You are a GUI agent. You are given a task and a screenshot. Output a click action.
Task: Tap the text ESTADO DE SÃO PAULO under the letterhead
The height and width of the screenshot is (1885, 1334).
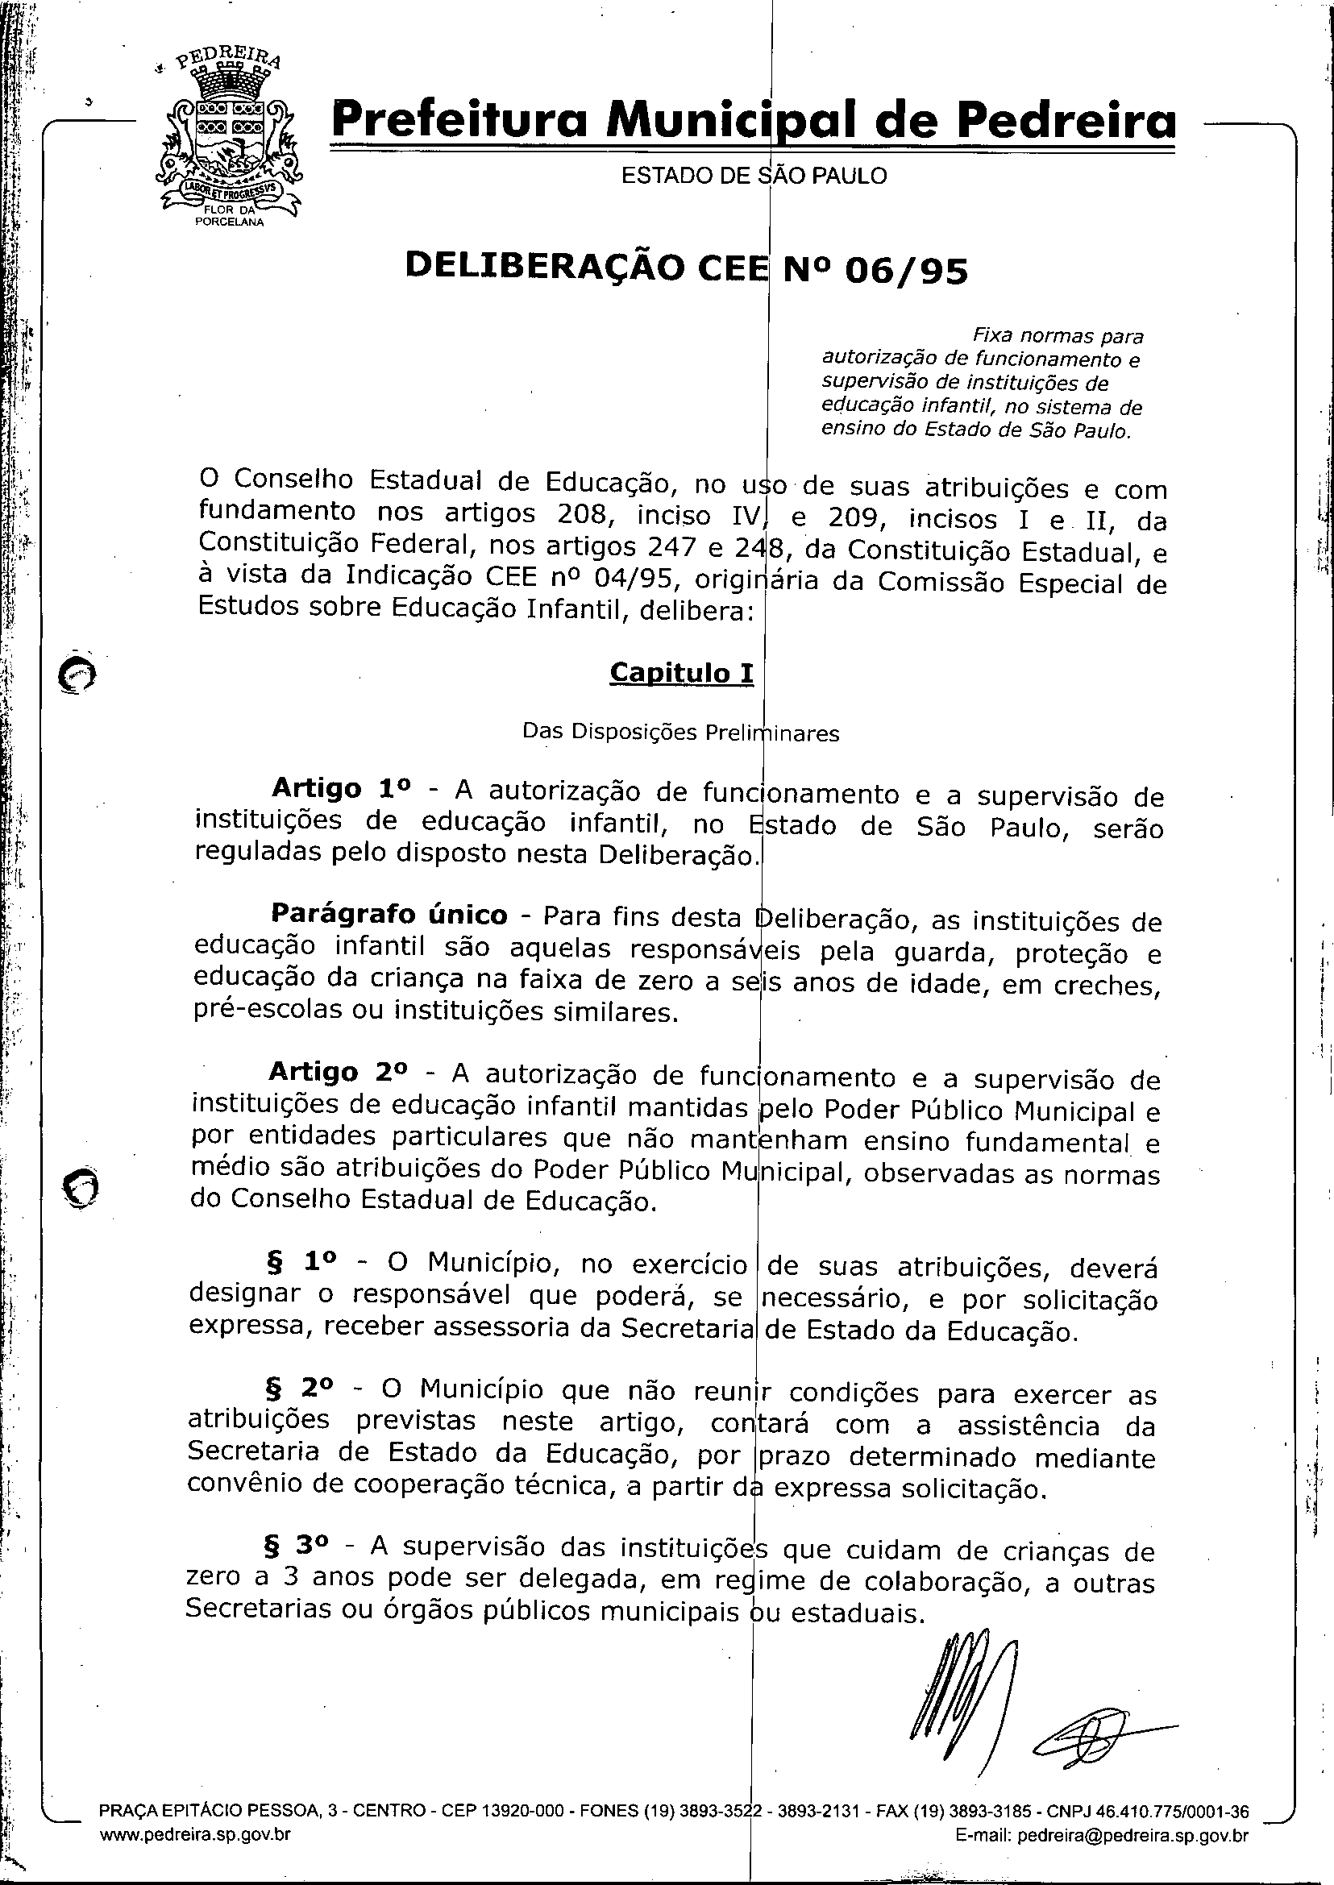click(754, 176)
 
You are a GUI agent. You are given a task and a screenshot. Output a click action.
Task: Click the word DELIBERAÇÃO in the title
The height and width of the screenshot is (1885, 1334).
click(545, 266)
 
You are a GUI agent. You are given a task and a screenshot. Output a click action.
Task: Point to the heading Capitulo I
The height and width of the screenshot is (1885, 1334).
click(681, 672)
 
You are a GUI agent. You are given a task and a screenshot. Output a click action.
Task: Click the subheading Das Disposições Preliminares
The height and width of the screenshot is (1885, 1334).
click(680, 732)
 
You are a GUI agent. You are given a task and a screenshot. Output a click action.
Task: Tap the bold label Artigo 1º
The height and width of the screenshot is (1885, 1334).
click(340, 788)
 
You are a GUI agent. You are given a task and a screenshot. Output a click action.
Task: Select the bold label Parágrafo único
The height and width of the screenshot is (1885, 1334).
click(389, 914)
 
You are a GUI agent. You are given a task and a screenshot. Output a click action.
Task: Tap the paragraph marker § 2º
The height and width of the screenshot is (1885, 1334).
click(299, 1387)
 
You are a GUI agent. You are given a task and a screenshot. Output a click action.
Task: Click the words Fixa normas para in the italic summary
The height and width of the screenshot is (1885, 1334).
click(1058, 335)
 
